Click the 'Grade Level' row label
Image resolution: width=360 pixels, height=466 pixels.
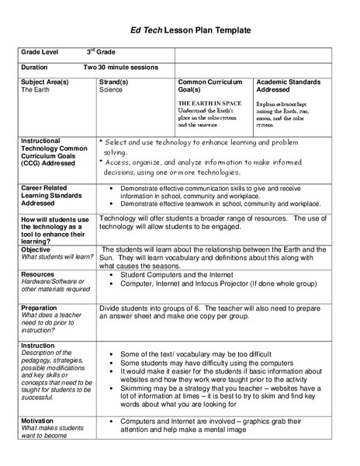point(41,52)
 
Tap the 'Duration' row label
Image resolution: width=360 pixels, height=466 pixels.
point(36,68)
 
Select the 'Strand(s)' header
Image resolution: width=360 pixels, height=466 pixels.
point(116,82)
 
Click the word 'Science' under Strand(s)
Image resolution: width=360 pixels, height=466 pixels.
point(112,89)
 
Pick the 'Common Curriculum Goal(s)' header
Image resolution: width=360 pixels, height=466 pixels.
point(209,85)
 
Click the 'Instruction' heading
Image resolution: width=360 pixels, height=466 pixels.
point(38,345)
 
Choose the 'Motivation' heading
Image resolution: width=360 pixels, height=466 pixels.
point(39,420)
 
